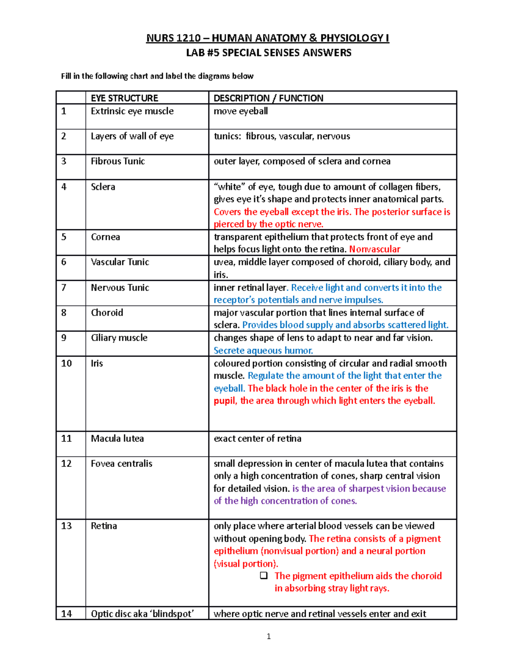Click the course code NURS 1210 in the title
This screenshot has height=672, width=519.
pos(173,38)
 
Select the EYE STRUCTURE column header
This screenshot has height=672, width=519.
pos(125,98)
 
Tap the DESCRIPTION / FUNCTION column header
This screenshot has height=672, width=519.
pos(268,98)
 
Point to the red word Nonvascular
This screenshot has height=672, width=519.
pos(375,249)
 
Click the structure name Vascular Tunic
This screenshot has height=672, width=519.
pos(120,262)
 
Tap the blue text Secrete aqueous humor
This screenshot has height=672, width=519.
pos(263,350)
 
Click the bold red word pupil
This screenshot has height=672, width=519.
pos(224,401)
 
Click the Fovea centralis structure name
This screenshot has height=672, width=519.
pos(122,464)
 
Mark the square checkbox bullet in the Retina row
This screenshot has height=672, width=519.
pos(263,576)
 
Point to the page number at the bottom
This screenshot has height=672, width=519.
pos(269,636)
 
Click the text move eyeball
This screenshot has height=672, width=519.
pos(240,111)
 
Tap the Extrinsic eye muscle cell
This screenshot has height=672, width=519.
pos(132,111)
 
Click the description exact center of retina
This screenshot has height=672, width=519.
pos(257,439)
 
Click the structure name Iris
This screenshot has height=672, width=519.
pos(97,363)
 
